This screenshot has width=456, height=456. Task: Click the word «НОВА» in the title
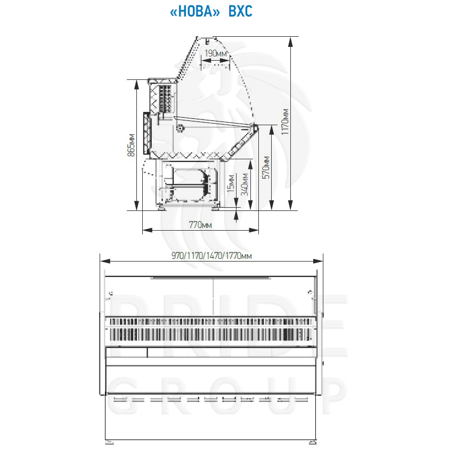(x=195, y=12)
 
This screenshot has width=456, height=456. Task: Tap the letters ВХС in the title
(x=240, y=12)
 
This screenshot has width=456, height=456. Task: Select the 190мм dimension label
(x=216, y=53)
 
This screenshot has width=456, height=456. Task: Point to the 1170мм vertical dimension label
(x=285, y=121)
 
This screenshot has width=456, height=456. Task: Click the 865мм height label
(x=132, y=145)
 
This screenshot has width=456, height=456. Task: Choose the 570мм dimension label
(x=266, y=167)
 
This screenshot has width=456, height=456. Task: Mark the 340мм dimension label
(x=245, y=184)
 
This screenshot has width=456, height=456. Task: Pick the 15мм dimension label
(x=231, y=183)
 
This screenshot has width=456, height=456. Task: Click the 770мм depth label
(x=200, y=225)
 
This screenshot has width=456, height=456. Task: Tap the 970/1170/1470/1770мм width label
(x=211, y=256)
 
